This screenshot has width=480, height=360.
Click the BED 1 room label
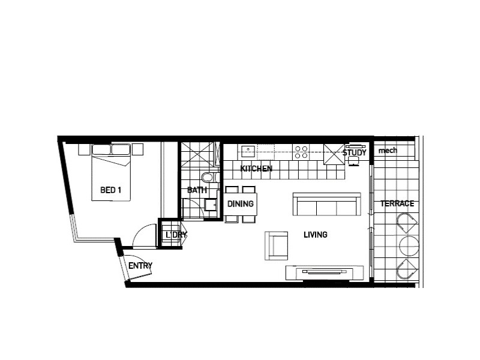(x=110, y=190)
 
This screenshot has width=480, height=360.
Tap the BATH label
(x=197, y=190)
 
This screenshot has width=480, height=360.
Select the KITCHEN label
(x=256, y=169)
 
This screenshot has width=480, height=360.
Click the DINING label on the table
(x=241, y=204)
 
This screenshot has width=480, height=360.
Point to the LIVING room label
(x=315, y=235)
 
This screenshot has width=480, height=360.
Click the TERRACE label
(x=397, y=204)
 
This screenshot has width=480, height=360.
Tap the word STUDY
(x=354, y=153)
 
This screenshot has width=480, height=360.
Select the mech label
(x=388, y=150)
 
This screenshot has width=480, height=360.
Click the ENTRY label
(x=140, y=266)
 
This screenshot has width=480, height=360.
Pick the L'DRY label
(x=176, y=235)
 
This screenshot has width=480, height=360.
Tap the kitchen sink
(x=247, y=149)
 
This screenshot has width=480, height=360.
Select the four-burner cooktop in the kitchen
(x=301, y=150)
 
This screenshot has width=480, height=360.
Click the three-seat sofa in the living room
(x=326, y=205)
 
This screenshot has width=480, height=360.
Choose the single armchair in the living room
(x=277, y=245)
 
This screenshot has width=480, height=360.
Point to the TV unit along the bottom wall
(x=325, y=272)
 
